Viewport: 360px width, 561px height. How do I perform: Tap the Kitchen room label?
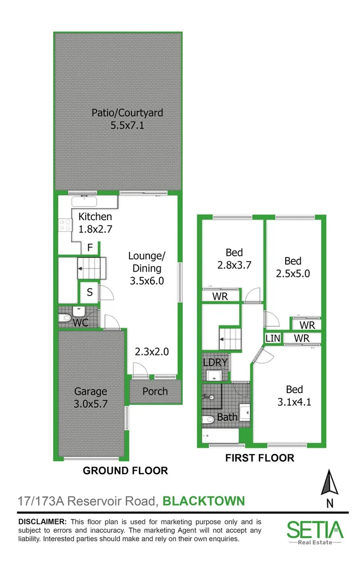95,217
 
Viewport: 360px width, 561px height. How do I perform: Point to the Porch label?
155,391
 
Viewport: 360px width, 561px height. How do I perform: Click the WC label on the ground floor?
81,323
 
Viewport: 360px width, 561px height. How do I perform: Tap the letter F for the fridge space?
90,248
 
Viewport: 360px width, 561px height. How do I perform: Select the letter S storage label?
89,292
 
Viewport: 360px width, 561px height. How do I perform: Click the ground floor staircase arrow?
81,269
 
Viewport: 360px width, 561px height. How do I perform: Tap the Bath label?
227,417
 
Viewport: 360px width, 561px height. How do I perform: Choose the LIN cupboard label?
273,338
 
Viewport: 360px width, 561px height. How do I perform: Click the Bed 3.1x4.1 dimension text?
295,401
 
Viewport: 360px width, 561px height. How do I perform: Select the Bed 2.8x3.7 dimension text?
234,264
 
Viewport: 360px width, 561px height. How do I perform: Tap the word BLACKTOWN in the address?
204,501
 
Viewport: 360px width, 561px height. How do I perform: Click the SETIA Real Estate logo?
315,531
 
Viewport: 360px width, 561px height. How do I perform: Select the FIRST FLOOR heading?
259,458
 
